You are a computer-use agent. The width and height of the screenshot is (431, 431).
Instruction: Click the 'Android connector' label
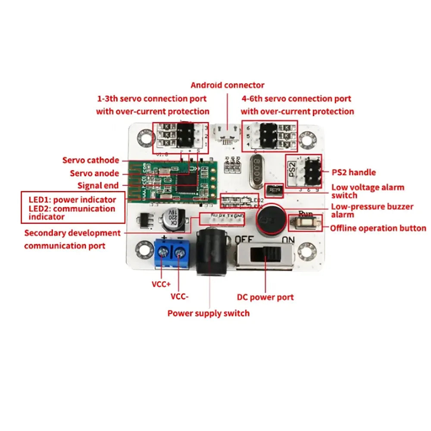pos(227,85)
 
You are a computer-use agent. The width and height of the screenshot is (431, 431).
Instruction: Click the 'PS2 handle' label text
pos(354,172)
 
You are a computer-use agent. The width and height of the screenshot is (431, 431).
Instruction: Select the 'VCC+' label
pos(161,284)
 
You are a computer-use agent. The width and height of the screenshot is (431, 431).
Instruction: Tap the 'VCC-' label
pos(180,297)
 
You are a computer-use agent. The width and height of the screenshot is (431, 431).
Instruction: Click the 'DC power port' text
pos(265,297)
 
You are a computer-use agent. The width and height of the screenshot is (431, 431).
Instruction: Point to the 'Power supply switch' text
pos(208,313)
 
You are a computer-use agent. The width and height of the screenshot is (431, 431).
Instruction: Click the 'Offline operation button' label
pos(378,228)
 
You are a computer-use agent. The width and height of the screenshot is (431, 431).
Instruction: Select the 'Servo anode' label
pos(94,173)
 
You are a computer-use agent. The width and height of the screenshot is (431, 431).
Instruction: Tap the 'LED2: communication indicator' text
pos(72,212)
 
